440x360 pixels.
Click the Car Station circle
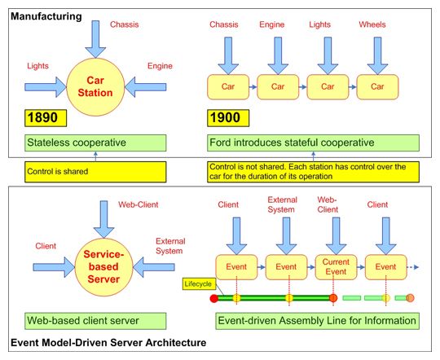[x=95, y=86]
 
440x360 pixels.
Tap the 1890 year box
[x=46, y=118]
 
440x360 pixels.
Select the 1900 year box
[x=228, y=118]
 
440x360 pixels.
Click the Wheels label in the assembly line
[x=372, y=24]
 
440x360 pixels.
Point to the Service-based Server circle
[x=103, y=267]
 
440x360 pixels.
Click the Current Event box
[x=336, y=267]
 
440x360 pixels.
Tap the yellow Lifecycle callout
[x=198, y=283]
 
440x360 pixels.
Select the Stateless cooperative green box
[x=95, y=143]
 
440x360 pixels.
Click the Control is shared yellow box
[x=95, y=172]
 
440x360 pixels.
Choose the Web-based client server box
[x=95, y=321]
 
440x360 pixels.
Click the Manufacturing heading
[x=46, y=16]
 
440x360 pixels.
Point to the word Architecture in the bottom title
[x=176, y=343]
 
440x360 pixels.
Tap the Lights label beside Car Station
[x=37, y=66]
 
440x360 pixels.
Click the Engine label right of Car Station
[x=160, y=66]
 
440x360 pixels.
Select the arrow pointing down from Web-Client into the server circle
[x=103, y=219]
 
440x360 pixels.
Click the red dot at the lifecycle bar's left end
[x=214, y=298]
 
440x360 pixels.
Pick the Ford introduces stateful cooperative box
[x=313, y=143]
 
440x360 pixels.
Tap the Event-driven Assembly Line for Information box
[x=318, y=321]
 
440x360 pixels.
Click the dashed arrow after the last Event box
[x=413, y=267]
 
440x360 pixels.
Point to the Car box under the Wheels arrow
[x=377, y=86]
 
